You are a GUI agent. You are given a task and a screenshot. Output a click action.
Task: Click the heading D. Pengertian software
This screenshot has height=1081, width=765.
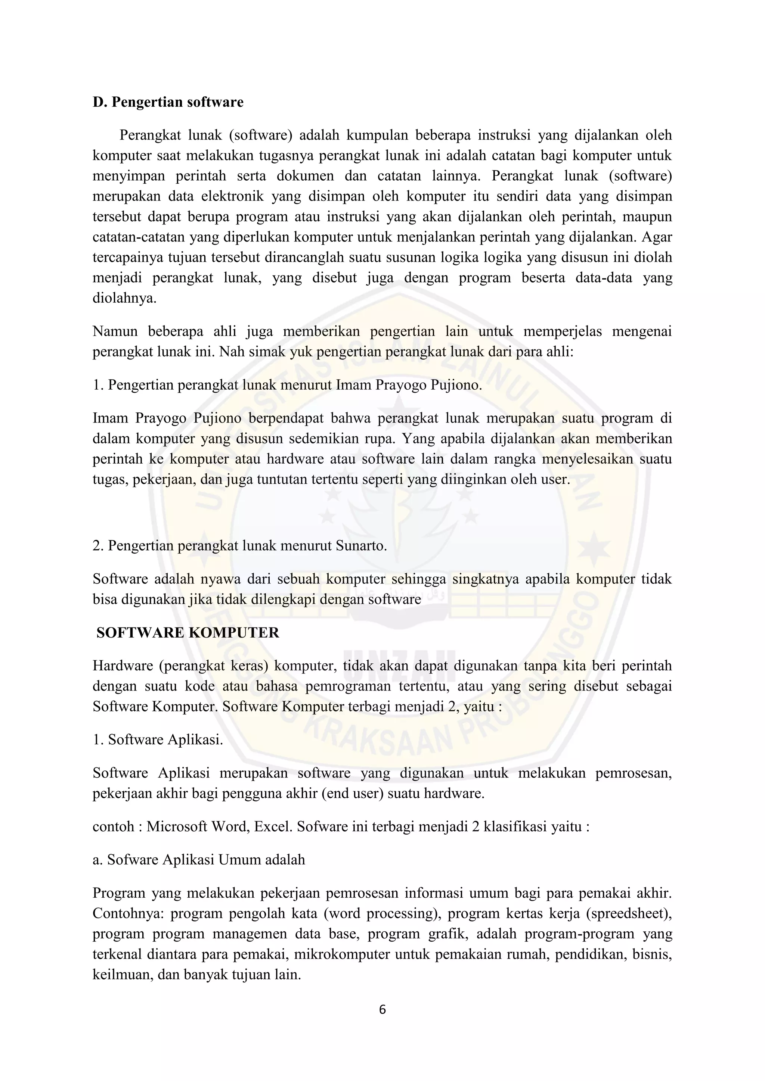click(x=168, y=102)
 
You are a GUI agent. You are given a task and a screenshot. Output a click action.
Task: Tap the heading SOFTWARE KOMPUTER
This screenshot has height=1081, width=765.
click(x=188, y=632)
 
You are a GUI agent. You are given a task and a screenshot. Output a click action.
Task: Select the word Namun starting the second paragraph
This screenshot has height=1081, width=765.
click(x=115, y=331)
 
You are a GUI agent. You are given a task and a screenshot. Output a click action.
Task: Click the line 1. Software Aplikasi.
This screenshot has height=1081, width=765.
click(x=157, y=740)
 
